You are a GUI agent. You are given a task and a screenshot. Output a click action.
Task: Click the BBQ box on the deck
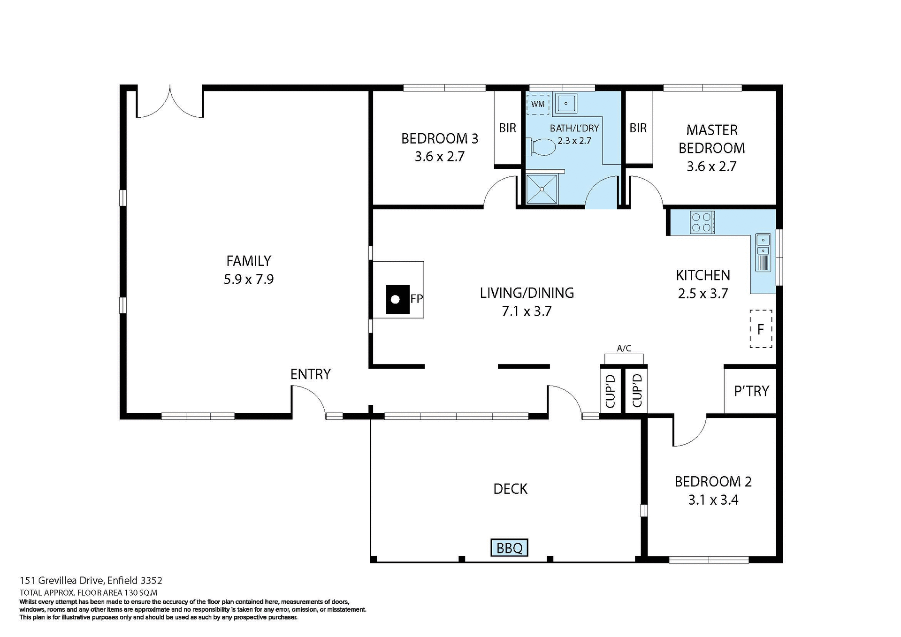(509, 547)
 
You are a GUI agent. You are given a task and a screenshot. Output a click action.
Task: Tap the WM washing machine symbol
(538, 104)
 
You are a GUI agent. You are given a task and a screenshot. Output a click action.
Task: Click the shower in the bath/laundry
(542, 189)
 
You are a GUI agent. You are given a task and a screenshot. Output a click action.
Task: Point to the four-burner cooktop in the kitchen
(702, 222)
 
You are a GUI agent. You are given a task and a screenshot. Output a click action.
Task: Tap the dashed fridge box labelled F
(761, 329)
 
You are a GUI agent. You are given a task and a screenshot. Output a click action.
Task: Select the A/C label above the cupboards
(624, 349)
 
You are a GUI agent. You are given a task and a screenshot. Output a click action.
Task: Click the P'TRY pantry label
(751, 391)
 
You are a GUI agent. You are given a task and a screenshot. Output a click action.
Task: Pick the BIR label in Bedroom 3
(507, 128)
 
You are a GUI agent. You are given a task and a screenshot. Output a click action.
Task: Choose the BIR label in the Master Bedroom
(638, 128)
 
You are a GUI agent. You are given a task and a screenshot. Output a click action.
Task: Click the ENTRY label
(311, 374)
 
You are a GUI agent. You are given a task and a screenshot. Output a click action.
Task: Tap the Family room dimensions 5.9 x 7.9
(249, 280)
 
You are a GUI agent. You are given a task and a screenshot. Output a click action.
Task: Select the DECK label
(510, 489)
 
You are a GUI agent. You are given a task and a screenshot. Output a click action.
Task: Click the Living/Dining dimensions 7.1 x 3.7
(527, 311)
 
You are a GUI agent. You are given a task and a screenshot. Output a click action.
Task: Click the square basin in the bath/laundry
(566, 103)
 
